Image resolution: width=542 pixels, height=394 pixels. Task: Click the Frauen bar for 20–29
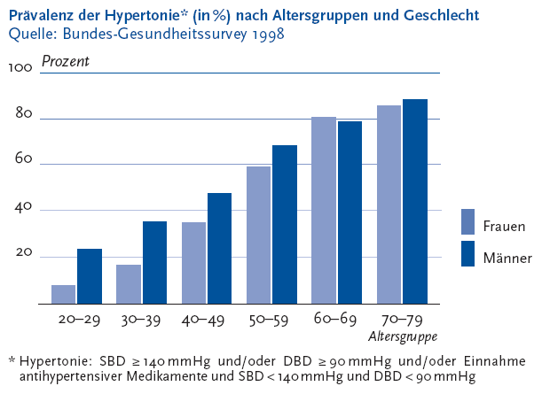(x=64, y=294)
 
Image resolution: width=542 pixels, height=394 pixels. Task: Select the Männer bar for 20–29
(x=89, y=276)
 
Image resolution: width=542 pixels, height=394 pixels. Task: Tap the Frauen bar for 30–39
(x=129, y=284)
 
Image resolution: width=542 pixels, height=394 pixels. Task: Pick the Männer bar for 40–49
(x=219, y=248)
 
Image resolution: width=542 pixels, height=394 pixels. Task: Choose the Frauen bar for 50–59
(x=259, y=235)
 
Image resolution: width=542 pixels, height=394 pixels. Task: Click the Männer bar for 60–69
(x=350, y=212)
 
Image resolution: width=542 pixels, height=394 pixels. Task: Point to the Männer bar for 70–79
(x=414, y=202)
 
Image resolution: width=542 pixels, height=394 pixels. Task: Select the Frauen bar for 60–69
(x=324, y=210)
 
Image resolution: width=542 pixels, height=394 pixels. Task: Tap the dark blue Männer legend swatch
(x=470, y=253)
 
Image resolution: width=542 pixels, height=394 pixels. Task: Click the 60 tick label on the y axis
(x=23, y=160)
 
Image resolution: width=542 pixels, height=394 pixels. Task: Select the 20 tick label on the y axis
(x=23, y=253)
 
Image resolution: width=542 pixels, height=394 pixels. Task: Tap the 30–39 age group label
(x=142, y=319)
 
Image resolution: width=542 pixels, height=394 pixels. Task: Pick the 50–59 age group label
(x=271, y=319)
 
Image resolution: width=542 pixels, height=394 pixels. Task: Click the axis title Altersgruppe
(x=403, y=336)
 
